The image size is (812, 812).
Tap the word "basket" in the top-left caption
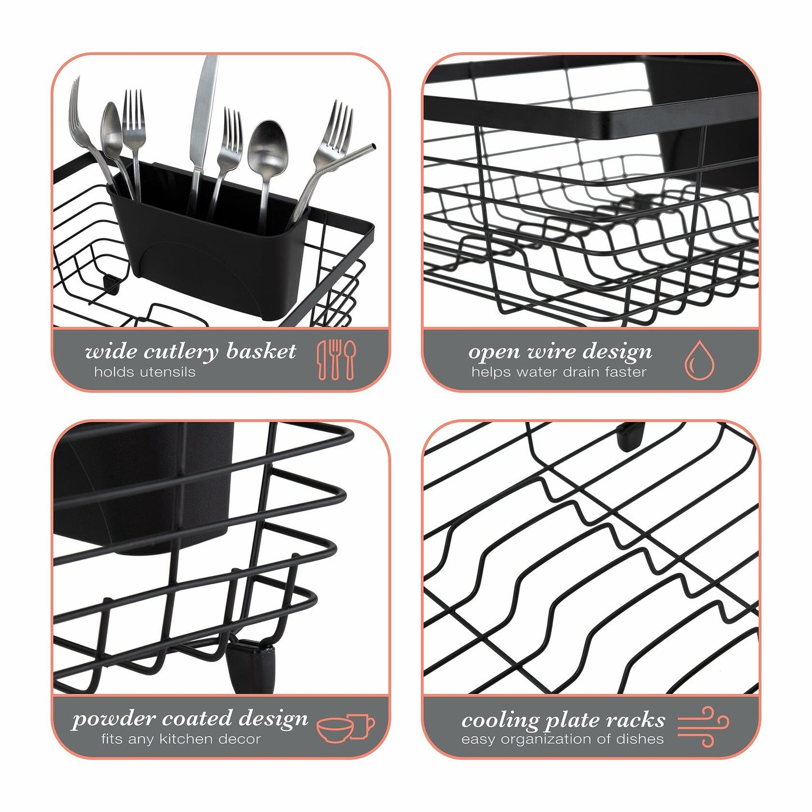(261, 352)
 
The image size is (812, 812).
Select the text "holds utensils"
(145, 372)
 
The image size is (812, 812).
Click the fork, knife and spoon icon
(336, 360)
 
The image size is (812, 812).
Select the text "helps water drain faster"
(559, 372)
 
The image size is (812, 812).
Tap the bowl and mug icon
(346, 728)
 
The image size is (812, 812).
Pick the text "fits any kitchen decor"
(181, 739)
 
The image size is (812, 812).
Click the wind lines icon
(702, 726)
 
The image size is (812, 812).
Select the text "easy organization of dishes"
(562, 740)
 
